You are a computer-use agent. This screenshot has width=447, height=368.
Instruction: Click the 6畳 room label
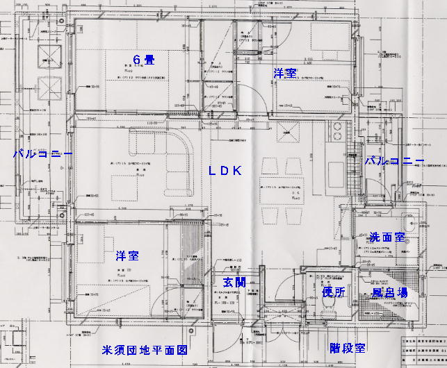(144, 59)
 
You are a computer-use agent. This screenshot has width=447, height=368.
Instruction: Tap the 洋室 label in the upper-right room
(284, 72)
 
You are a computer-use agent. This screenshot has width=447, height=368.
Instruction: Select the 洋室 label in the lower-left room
(127, 256)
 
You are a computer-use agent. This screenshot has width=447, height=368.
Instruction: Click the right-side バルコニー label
(394, 160)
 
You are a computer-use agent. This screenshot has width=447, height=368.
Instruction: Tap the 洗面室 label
(387, 237)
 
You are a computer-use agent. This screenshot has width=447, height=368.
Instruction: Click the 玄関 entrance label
(234, 283)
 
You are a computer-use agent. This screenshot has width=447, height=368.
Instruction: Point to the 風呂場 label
(389, 294)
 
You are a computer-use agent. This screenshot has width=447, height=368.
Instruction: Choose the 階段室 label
(348, 347)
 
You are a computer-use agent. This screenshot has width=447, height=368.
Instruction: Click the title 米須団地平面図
(144, 351)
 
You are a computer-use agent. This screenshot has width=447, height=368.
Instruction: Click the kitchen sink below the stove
(333, 174)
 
